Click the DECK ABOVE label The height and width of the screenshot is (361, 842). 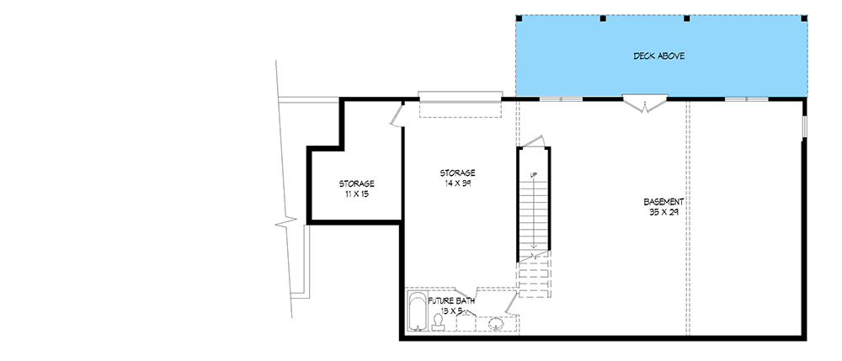pyautogui.click(x=658, y=56)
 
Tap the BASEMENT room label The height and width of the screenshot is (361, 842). pyautogui.click(x=663, y=202)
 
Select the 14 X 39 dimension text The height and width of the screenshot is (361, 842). pyautogui.click(x=458, y=183)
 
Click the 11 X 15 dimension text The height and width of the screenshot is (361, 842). pyautogui.click(x=356, y=194)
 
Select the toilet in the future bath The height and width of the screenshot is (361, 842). pyautogui.click(x=439, y=321)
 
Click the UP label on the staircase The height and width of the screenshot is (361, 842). pyautogui.click(x=533, y=174)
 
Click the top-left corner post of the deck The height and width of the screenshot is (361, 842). pyautogui.click(x=517, y=18)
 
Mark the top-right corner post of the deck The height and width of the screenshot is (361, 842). pyautogui.click(x=804, y=18)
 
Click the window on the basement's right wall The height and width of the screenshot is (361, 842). pyautogui.click(x=804, y=126)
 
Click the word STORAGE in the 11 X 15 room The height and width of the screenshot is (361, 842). pyautogui.click(x=356, y=183)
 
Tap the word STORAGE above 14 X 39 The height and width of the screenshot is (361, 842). pyautogui.click(x=458, y=173)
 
